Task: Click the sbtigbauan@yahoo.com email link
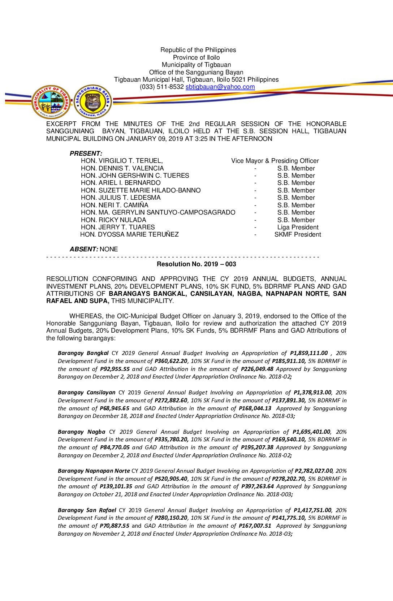point(220,87)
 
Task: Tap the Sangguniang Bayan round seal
point(93,101)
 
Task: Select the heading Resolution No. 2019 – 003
point(196,264)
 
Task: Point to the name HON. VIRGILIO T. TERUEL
point(122,161)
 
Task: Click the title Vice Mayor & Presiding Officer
point(275,161)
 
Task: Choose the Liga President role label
point(298,227)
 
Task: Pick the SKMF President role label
point(298,234)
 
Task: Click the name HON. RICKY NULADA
point(113,220)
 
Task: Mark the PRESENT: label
point(86,154)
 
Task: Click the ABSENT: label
point(84,249)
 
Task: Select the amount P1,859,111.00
point(309,353)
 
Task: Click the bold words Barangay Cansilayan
point(87,393)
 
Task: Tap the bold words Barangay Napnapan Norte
point(94,471)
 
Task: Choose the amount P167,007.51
point(255,526)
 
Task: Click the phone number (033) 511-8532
point(162,87)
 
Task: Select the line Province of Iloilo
point(196,57)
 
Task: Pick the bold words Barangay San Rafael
point(87,510)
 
